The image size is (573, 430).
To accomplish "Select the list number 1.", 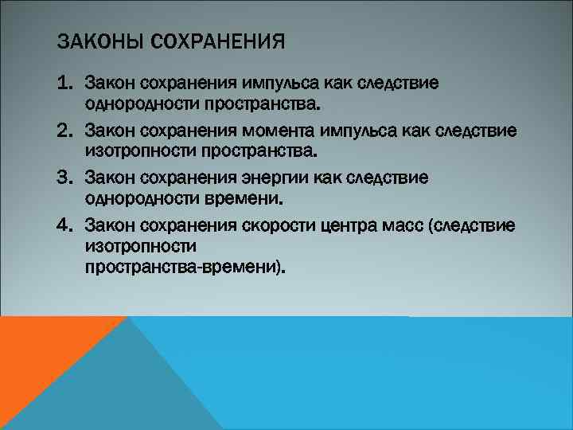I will coord(65,84).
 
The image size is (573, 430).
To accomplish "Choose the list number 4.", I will coord(65,225).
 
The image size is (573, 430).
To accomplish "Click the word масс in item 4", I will coord(403,225).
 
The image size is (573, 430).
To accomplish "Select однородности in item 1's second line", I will coord(141,104).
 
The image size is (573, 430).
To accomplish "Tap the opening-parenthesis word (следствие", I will coord(471,225).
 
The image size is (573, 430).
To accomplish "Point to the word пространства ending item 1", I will coord(262,104).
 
